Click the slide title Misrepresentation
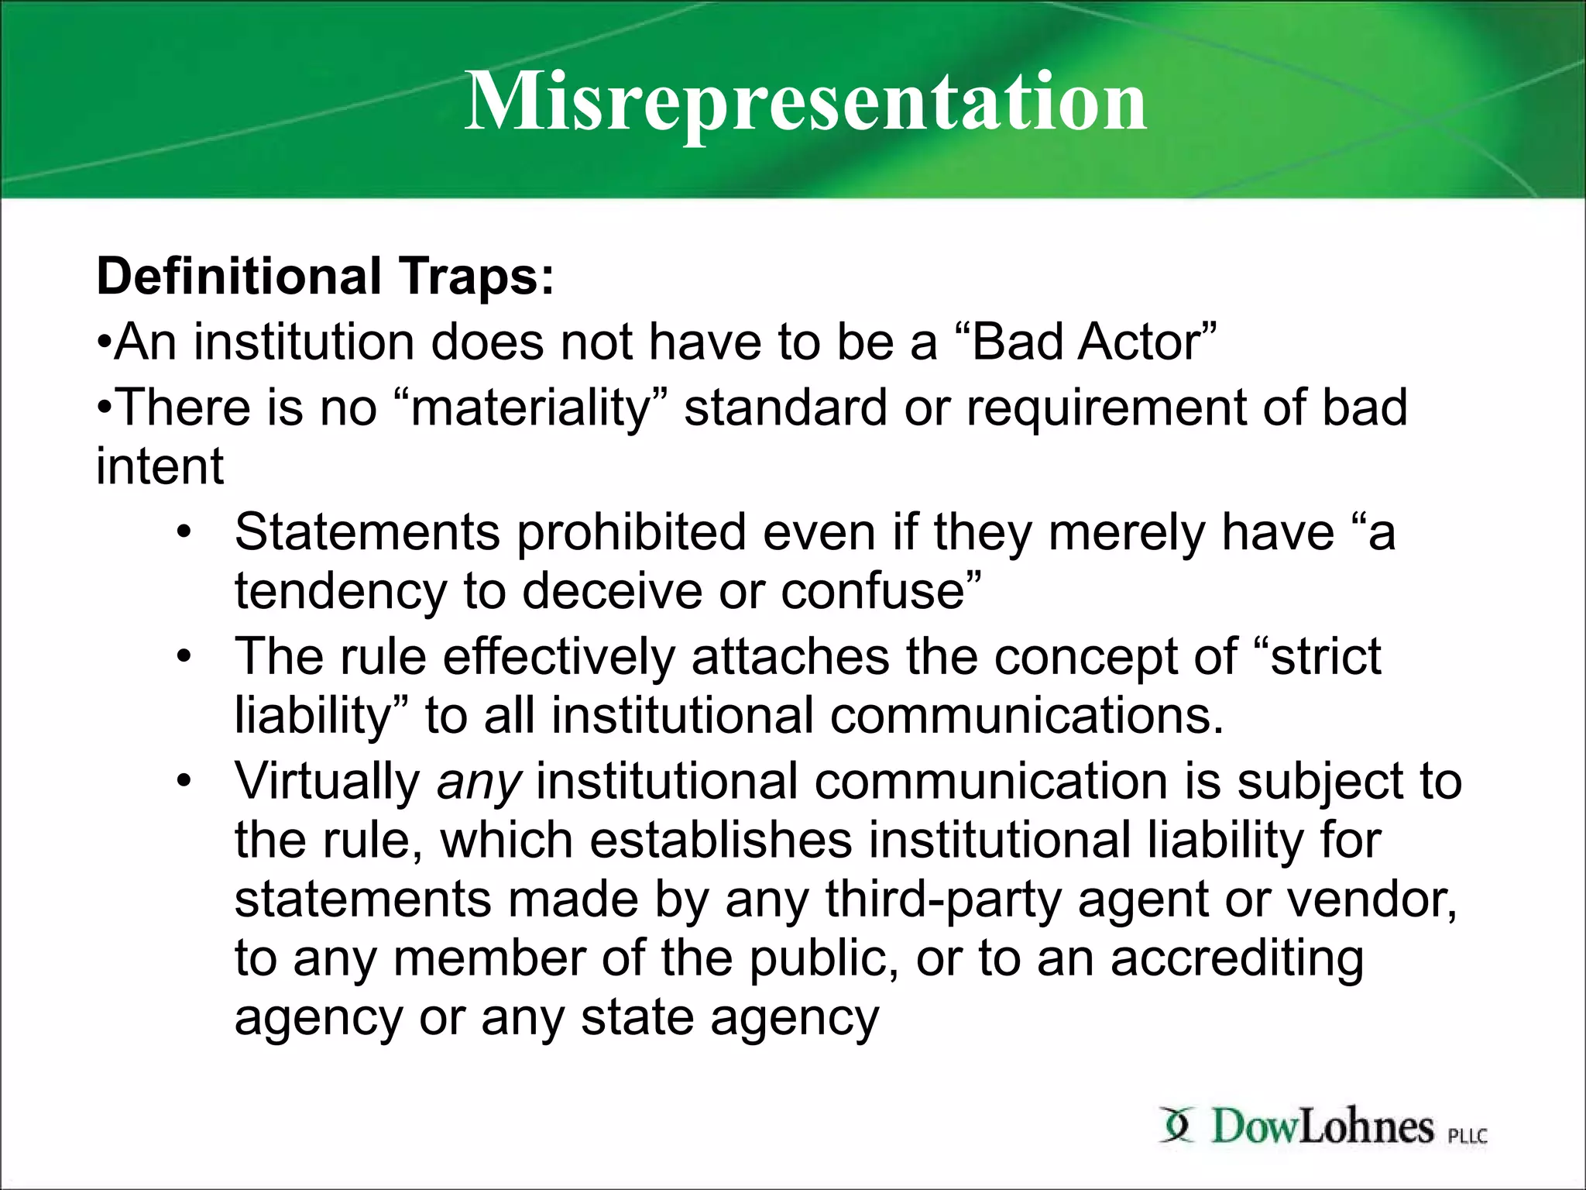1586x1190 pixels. [805, 101]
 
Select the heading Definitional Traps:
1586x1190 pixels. [325, 277]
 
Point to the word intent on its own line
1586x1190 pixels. [160, 466]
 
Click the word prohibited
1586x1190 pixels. [631, 532]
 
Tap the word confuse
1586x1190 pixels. [879, 591]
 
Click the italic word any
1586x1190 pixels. [478, 781]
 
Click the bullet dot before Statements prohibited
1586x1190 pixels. [183, 532]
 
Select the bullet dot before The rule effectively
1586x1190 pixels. [183, 657]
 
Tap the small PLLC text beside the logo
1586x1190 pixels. [1468, 1137]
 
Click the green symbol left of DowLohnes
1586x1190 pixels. [1176, 1125]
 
